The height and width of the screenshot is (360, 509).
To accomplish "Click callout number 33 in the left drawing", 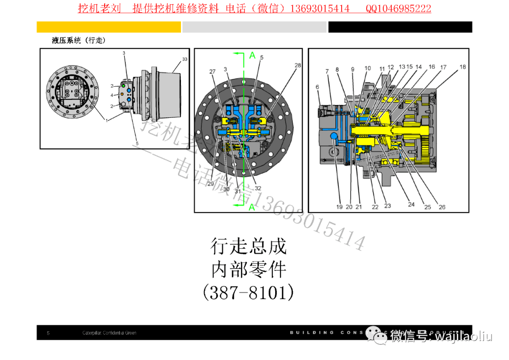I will pyautogui.click(x=185, y=59).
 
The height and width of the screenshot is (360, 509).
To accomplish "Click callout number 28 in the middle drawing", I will pyautogui.click(x=297, y=65).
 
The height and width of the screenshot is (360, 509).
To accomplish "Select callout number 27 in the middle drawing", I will pyautogui.click(x=212, y=72).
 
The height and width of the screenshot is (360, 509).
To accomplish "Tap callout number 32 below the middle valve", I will pyautogui.click(x=258, y=188).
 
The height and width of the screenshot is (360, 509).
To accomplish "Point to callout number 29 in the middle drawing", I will pyautogui.click(x=210, y=183).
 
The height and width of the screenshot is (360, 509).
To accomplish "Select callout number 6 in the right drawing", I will pyautogui.click(x=317, y=87).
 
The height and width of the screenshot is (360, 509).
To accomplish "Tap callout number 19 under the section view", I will pyautogui.click(x=339, y=206).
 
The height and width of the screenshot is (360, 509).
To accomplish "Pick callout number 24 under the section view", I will pyautogui.click(x=411, y=204).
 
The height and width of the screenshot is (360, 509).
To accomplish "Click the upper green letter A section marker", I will pyautogui.click(x=252, y=56).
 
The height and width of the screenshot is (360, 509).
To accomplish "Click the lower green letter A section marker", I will pyautogui.click(x=252, y=207).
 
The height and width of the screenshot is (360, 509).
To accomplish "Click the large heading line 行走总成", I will pyautogui.click(x=248, y=246).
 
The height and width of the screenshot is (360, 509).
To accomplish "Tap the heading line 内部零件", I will pyautogui.click(x=248, y=270).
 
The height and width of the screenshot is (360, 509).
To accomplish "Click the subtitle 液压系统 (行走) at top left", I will pyautogui.click(x=79, y=41).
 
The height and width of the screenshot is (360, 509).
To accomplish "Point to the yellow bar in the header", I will pyautogui.click(x=109, y=27).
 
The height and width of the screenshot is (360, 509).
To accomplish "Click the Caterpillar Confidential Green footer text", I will pyautogui.click(x=109, y=333).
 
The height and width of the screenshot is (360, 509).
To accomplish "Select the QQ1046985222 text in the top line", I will pyautogui.click(x=398, y=8).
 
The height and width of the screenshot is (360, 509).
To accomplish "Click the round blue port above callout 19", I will pyautogui.click(x=335, y=137).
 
